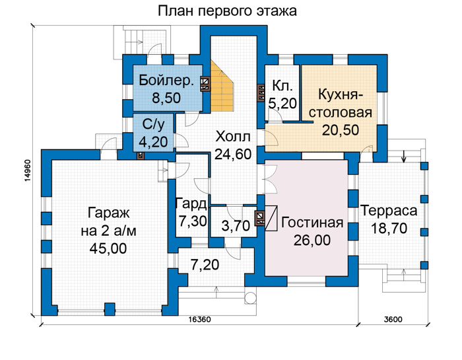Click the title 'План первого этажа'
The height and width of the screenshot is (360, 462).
coord(227,11)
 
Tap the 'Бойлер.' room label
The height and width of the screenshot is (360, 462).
coord(166,80)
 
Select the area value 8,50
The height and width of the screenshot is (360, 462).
coord(166,98)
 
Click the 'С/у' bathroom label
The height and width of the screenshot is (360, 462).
coord(153,125)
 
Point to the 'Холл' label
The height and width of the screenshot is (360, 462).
coord(233,137)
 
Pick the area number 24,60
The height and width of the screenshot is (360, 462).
coord(233,154)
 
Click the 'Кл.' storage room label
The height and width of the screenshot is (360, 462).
coord(282,85)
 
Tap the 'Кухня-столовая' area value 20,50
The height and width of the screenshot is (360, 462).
coord(341,129)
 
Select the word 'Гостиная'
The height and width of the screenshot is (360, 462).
coord(312,223)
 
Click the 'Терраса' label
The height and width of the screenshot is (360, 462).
coord(389,211)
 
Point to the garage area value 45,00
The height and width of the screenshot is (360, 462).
coord(108,248)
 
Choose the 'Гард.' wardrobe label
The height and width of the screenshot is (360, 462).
coord(191,204)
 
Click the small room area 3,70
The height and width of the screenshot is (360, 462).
coord(236,226)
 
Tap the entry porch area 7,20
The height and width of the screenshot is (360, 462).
coord(205,265)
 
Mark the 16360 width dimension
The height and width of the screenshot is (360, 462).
coord(200,319)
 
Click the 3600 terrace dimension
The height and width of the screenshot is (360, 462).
coord(393,319)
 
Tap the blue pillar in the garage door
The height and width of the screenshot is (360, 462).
coord(110,309)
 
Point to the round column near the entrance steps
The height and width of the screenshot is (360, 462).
coord(250,298)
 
